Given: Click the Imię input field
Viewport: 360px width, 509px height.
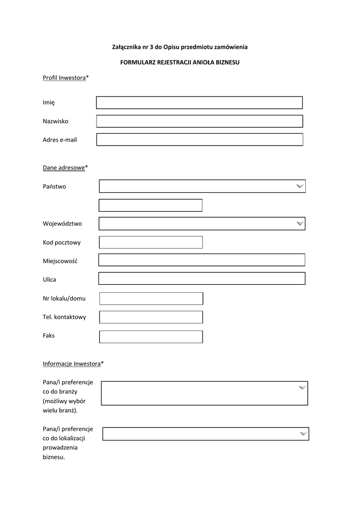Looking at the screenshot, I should pyautogui.click(x=199, y=102).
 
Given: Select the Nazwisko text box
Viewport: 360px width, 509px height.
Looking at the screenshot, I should pyautogui.click(x=199, y=121).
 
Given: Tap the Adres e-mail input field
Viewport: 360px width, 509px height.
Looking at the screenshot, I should pyautogui.click(x=199, y=140).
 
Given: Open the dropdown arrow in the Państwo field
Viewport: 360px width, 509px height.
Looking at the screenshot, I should pyautogui.click(x=299, y=186).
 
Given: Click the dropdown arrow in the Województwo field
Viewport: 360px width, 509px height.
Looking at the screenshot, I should pyautogui.click(x=299, y=224).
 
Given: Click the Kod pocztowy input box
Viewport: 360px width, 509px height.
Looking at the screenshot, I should pyautogui.click(x=151, y=242).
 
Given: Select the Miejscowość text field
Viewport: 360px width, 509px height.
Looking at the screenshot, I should pyautogui.click(x=201, y=260).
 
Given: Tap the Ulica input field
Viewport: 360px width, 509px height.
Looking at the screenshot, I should pyautogui.click(x=201, y=278).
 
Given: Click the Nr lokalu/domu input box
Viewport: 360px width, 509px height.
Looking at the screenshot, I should pyautogui.click(x=151, y=298).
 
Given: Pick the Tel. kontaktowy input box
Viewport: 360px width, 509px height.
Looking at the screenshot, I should pyautogui.click(x=151, y=317).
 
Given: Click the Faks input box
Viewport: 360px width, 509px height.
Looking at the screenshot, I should pyautogui.click(x=151, y=337).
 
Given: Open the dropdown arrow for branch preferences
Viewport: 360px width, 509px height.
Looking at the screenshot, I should pyautogui.click(x=302, y=388).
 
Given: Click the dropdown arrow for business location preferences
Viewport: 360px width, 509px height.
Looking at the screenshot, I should pyautogui.click(x=303, y=434).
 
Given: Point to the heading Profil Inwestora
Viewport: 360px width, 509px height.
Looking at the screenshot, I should pyautogui.click(x=64, y=78).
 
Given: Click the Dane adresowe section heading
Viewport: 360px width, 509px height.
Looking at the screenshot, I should pyautogui.click(x=64, y=168).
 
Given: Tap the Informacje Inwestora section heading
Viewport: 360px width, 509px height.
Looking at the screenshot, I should pyautogui.click(x=72, y=364).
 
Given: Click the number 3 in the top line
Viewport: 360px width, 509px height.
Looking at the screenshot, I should pyautogui.click(x=151, y=47).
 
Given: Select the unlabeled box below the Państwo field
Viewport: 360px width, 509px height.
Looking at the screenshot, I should pyautogui.click(x=150, y=205).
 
